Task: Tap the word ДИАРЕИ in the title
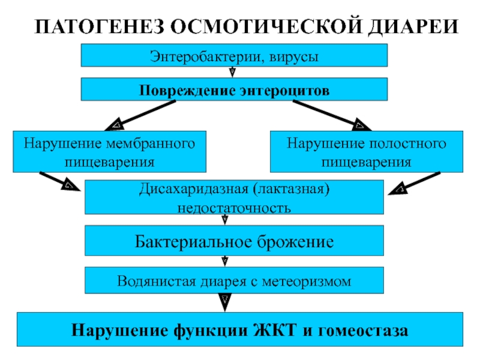[413, 27]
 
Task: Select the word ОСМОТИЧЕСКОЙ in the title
[266, 26]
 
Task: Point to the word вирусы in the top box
[294, 57]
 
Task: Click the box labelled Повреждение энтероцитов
[234, 89]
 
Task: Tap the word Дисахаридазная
[194, 189]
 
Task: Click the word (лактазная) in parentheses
[291, 189]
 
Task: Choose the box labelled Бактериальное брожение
[234, 241]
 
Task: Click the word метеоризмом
[307, 281]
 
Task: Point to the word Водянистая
[156, 281]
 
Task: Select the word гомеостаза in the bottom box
[363, 331]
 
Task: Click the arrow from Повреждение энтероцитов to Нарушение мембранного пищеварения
[140, 115]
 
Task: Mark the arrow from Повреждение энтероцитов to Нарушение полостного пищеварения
[332, 115]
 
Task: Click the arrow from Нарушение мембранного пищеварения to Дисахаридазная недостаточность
[60, 182]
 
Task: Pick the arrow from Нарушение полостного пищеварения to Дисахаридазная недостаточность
[414, 184]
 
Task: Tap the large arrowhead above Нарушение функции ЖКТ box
[224, 302]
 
